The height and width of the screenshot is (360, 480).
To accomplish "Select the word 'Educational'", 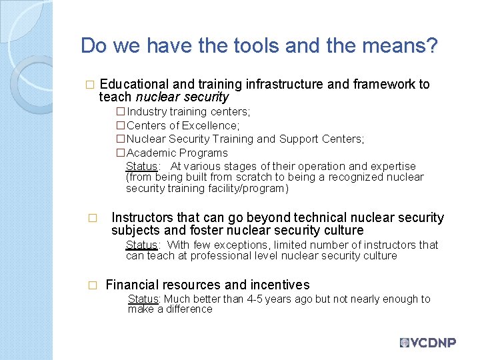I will (133, 85).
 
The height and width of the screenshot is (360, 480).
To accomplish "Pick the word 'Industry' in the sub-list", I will (146, 112).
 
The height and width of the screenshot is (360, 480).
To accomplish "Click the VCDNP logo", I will (427, 343).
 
